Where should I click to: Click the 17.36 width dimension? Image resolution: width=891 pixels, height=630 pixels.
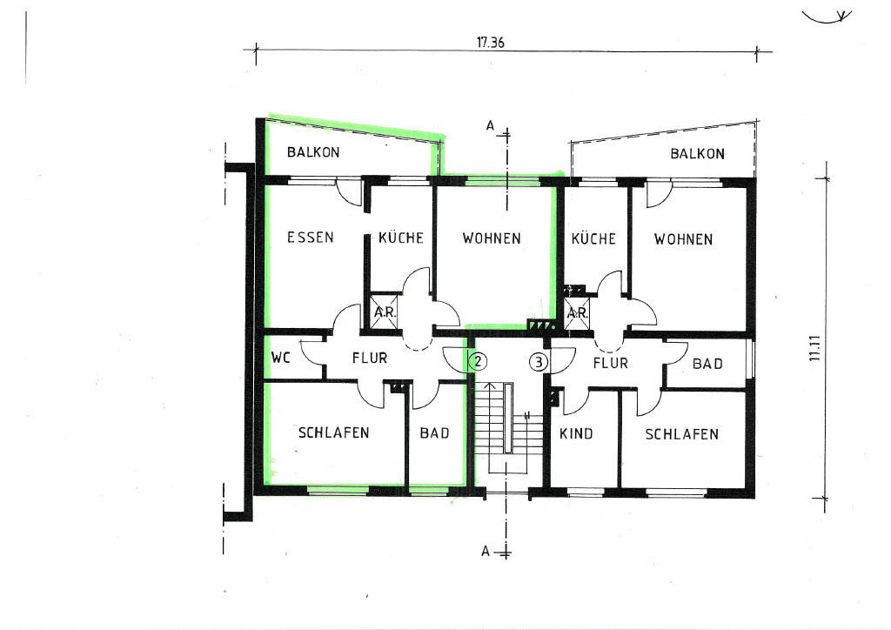click(x=491, y=43)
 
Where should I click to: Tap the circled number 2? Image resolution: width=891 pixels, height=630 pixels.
click(x=478, y=361)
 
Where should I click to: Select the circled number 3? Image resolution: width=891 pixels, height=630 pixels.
click(x=539, y=362)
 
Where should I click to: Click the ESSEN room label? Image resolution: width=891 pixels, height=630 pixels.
click(x=311, y=237)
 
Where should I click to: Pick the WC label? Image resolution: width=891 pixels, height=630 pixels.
click(x=281, y=358)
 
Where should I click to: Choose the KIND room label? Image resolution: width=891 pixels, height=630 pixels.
click(x=576, y=434)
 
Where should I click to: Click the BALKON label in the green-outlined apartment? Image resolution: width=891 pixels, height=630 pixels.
click(x=313, y=152)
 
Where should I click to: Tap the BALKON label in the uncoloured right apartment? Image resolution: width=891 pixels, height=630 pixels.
click(x=697, y=153)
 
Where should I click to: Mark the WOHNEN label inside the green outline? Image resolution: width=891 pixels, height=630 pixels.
click(x=492, y=238)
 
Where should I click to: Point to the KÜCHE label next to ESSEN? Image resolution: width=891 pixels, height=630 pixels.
click(x=401, y=237)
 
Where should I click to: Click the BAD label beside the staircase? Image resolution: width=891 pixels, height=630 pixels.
click(x=435, y=432)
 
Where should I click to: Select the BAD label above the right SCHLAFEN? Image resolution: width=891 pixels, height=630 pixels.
click(x=707, y=364)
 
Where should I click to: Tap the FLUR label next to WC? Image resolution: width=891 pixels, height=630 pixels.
click(x=369, y=358)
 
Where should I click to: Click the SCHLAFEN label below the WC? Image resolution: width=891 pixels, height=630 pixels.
click(x=333, y=432)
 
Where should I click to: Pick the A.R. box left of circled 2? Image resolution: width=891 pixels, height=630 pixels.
click(x=384, y=312)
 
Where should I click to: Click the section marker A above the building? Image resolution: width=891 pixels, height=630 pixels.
click(x=491, y=125)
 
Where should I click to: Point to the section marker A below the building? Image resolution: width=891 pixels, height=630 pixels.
click(x=486, y=551)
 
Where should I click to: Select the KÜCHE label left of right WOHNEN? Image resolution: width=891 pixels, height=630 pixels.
click(x=593, y=238)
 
